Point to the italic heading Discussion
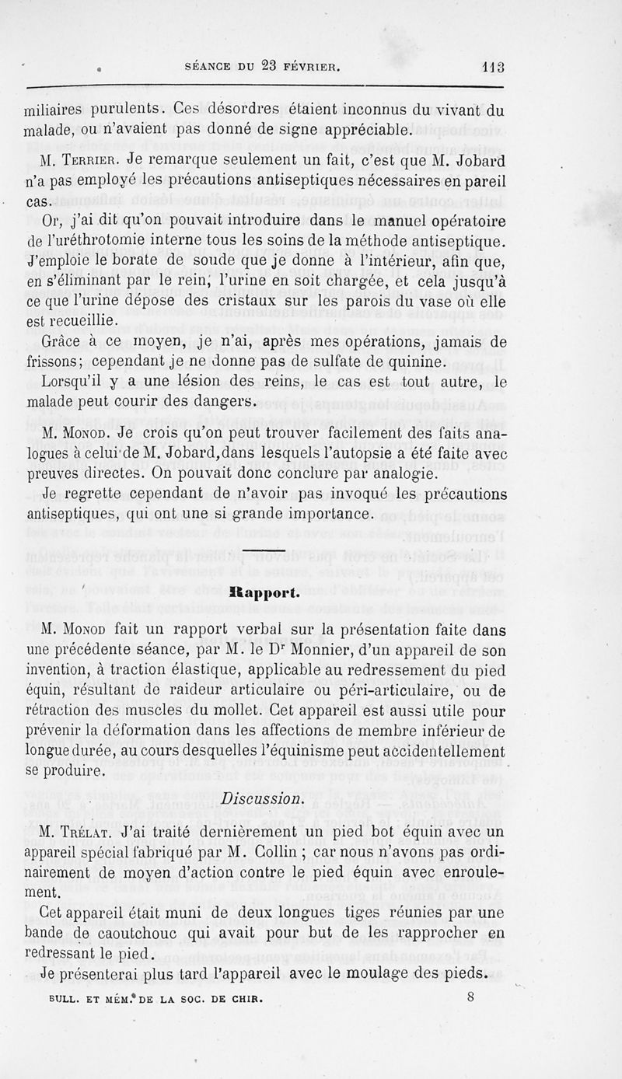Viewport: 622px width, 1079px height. pyautogui.click(x=263, y=798)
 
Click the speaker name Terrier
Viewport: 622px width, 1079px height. pyautogui.click(x=86, y=162)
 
